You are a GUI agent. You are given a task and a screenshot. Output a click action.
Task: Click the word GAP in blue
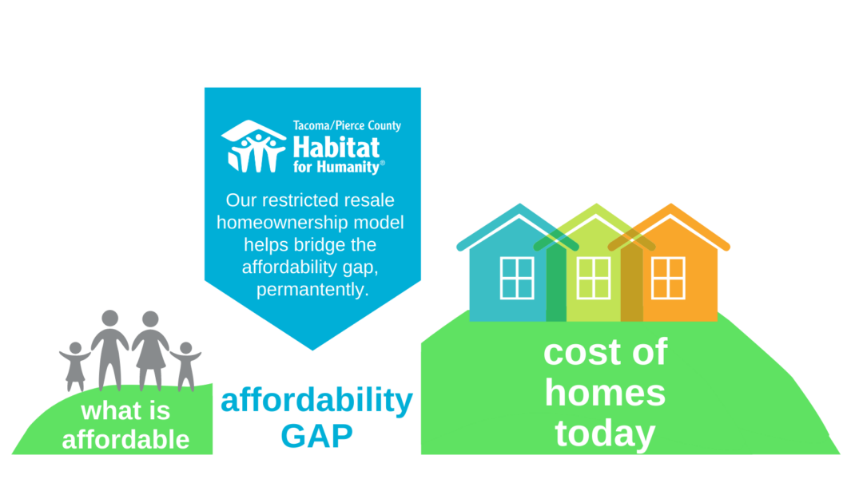point(316,436)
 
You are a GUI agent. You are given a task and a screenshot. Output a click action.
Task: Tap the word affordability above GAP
point(317,401)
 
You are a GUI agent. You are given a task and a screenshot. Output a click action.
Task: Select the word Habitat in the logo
point(336,147)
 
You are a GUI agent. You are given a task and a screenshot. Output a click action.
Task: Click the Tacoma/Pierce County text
point(347,126)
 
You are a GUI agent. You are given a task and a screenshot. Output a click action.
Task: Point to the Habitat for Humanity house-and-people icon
point(253,146)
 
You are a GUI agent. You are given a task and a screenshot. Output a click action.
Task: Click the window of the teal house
point(517,279)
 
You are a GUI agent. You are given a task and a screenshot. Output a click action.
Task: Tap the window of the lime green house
point(593,279)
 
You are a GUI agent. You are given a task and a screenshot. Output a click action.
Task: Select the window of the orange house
point(668,279)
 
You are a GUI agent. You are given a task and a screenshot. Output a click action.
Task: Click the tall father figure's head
point(110,318)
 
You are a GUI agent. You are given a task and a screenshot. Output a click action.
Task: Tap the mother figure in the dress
point(150,350)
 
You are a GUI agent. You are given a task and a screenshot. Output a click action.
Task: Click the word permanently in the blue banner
point(312,289)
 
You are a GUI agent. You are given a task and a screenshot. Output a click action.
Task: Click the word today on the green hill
point(605,433)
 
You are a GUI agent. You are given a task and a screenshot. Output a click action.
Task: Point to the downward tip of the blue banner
point(312,350)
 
